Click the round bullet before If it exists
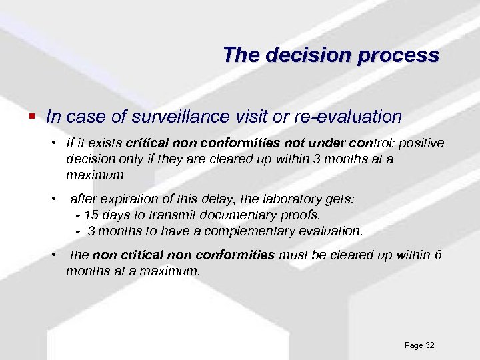coord(53,143)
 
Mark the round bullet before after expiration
coord(53,199)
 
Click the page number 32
coord(429,345)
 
